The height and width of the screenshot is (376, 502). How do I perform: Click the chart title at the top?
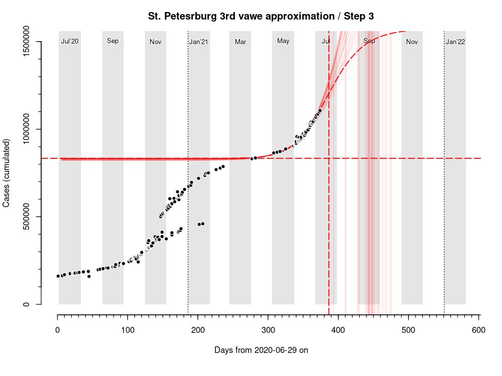261,16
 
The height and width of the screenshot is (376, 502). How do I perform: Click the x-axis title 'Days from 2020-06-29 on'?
261,350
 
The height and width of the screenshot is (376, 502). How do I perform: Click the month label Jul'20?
70,42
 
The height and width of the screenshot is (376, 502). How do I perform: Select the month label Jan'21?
199,42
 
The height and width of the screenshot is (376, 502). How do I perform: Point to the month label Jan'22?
455,42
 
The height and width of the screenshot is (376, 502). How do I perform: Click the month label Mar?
240,42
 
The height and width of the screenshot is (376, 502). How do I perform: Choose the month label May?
283,41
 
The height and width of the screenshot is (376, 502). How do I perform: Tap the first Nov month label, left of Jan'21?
155,42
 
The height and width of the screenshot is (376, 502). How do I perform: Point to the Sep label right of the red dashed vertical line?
369,41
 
